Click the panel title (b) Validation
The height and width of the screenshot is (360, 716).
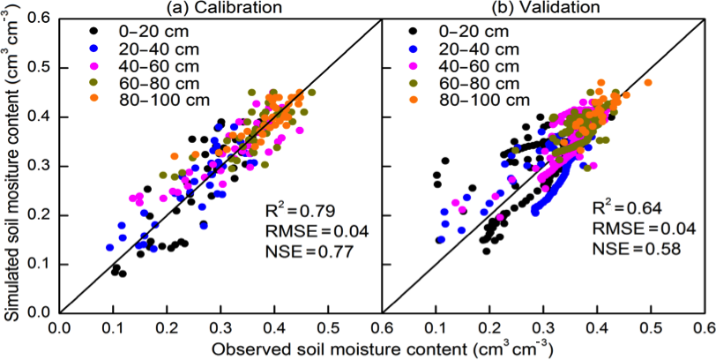point(541,7)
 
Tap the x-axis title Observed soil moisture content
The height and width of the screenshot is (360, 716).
point(381,349)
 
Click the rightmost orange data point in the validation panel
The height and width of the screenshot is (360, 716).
point(648,83)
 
